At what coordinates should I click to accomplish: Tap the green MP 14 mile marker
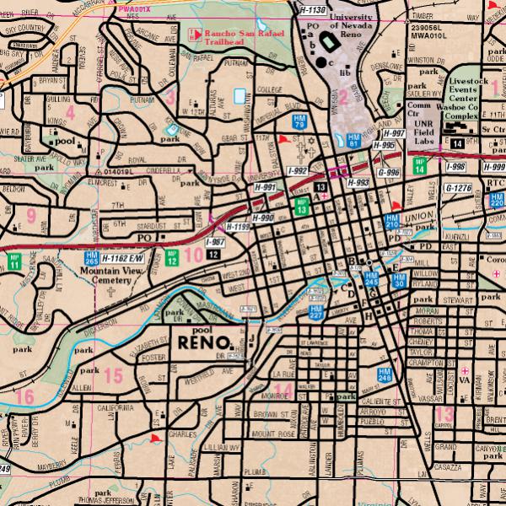click(419, 165)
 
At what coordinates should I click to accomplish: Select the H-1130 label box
click(311, 9)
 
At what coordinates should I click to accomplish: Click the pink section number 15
click(115, 375)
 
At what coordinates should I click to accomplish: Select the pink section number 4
click(70, 112)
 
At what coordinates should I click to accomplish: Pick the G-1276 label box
click(459, 188)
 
